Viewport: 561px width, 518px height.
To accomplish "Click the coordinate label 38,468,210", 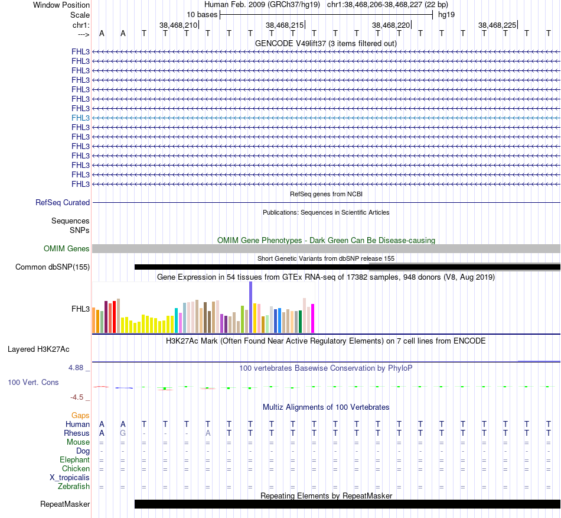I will tap(178, 25).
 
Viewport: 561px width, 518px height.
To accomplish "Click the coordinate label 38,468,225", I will tap(497, 25).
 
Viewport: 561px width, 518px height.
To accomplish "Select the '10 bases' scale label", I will tap(202, 14).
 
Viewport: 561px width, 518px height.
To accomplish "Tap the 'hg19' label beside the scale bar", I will tap(446, 14).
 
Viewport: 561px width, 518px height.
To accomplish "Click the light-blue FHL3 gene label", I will tap(80, 118).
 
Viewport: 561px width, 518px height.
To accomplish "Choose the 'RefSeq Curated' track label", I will tap(63, 202).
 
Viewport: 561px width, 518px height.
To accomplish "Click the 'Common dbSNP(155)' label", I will tap(53, 267).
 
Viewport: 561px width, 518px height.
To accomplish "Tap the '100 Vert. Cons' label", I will tap(33, 383).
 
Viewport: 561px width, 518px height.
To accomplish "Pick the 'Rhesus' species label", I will tap(77, 433).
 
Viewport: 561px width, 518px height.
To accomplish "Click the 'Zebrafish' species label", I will tap(74, 487).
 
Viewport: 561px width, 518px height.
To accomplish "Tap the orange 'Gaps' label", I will tap(80, 416).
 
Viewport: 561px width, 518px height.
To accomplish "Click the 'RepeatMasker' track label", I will tap(65, 504).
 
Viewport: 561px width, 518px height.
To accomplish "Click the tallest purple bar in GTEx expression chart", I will tap(250, 307).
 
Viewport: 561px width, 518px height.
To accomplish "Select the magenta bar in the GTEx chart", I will tap(312, 318).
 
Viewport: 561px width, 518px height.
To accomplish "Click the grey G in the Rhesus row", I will tap(123, 433).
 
